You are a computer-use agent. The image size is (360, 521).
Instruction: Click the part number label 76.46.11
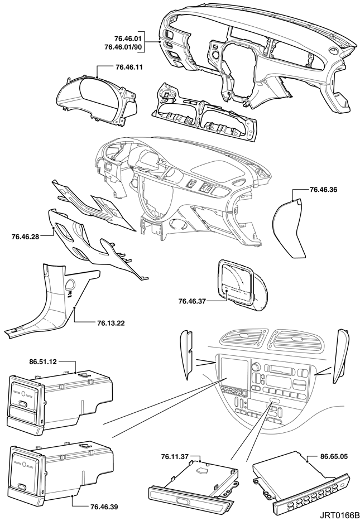129,67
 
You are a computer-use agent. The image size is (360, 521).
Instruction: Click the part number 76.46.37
193,302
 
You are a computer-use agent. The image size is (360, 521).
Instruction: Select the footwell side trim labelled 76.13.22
53,301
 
